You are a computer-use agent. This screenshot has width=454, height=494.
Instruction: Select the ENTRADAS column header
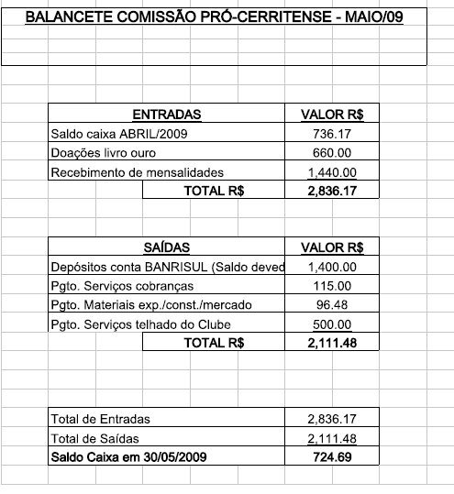166,115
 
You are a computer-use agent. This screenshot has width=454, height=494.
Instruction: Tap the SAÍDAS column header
166,247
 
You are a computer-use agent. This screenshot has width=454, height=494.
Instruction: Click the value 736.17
332,134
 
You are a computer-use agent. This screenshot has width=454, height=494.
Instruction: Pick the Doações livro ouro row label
99,153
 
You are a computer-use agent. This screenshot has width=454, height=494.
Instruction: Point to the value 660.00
332,153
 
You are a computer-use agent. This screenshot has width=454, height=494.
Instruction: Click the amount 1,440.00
332,172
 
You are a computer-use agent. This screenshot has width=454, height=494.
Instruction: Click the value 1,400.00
332,267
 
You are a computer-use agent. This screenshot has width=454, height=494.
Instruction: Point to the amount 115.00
332,286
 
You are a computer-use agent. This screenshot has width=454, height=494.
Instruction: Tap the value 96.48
332,305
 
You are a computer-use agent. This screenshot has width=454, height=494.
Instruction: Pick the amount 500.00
332,324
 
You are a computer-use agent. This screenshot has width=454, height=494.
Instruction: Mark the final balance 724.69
332,456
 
